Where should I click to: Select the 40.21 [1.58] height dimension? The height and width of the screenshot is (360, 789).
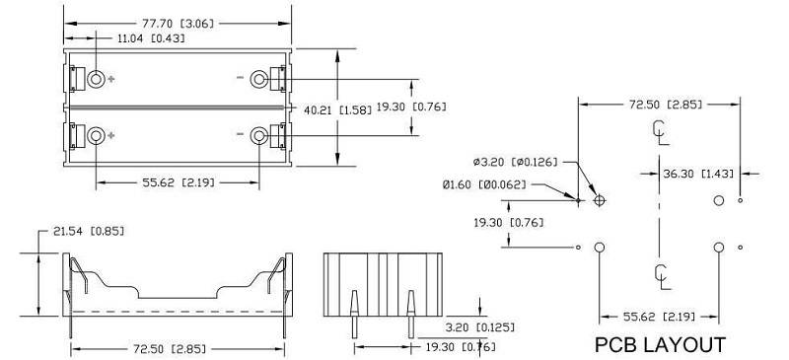[337, 109]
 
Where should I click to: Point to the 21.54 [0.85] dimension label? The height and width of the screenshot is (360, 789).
[89, 231]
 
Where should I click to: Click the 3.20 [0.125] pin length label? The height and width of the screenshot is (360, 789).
[480, 327]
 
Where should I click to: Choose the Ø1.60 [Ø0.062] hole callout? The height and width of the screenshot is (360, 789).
[484, 184]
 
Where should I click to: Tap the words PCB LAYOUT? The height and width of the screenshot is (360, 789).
[660, 345]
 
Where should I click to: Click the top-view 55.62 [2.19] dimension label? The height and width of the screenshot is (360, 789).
[179, 182]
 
